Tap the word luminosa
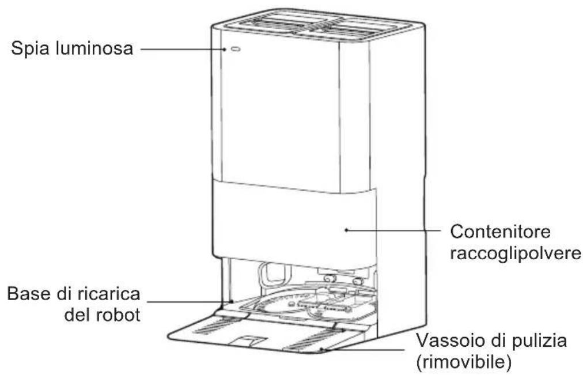pyautogui.click(x=94, y=48)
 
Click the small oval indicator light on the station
pyautogui.click(x=236, y=49)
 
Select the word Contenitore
pyautogui.click(x=500, y=232)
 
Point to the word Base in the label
pyautogui.click(x=29, y=294)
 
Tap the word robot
pyautogui.click(x=118, y=315)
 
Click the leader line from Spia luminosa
pyautogui.click(x=183, y=49)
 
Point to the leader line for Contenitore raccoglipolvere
pyautogui.click(x=393, y=230)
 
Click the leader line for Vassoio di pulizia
pyautogui.click(x=363, y=349)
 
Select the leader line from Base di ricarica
pyautogui.click(x=189, y=301)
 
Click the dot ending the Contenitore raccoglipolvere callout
pyautogui.click(x=346, y=230)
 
